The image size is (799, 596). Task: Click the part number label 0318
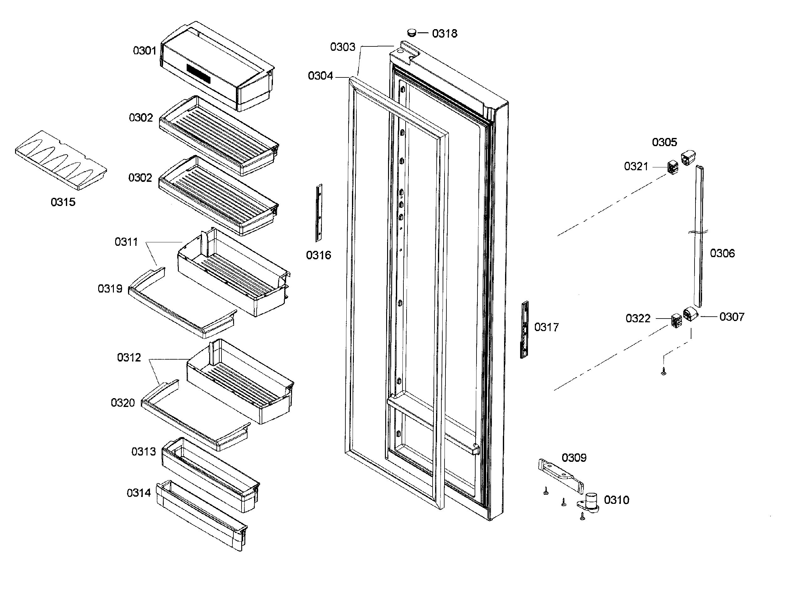(444, 34)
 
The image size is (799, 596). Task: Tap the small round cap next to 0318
(411, 33)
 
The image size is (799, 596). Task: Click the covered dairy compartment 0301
(216, 67)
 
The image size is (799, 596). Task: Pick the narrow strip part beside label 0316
(319, 213)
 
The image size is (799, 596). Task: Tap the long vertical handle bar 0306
(699, 236)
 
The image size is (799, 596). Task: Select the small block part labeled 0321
(673, 167)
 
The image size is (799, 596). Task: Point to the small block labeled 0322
(676, 320)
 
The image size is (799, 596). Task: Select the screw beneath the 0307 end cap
(663, 371)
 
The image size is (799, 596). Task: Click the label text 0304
(320, 76)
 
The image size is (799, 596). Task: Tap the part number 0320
(123, 403)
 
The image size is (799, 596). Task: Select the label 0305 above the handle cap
(664, 142)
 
